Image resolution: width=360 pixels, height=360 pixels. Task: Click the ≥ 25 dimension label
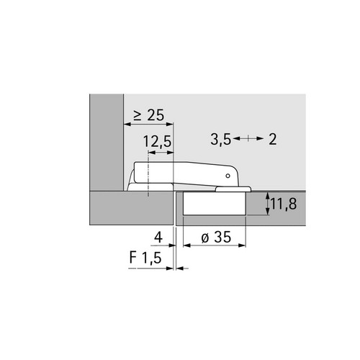(149, 115)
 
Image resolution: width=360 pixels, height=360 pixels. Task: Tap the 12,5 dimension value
(158, 142)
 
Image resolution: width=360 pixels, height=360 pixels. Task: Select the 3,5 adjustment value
(220, 139)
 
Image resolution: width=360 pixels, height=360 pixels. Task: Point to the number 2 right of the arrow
(272, 139)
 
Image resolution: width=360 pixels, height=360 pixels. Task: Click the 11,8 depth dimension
(284, 204)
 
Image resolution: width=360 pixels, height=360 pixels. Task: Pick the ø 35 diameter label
(216, 237)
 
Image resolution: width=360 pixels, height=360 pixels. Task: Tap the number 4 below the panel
(158, 238)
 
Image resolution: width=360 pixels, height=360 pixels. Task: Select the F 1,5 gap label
(145, 258)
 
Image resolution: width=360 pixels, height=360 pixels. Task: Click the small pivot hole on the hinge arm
(228, 176)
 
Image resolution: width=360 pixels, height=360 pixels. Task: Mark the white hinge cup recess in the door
(214, 203)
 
